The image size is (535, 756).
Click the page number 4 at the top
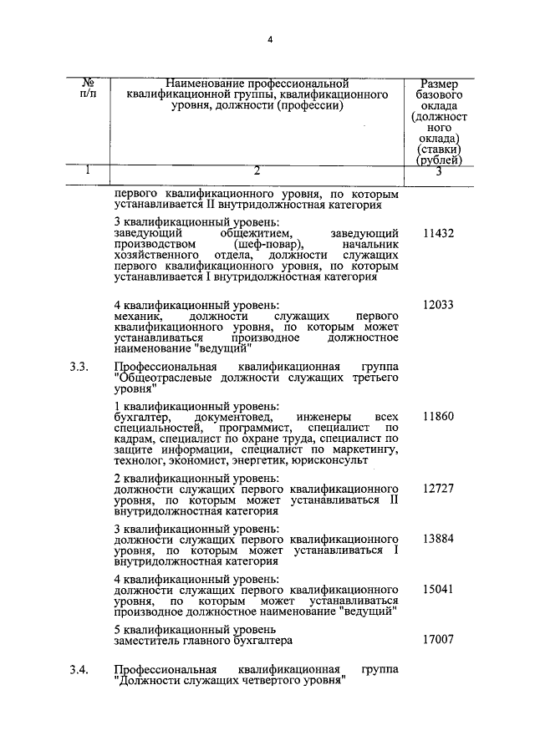pos(270,40)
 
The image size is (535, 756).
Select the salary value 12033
pos(438,306)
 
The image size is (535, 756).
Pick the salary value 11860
pos(438,416)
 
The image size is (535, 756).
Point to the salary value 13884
pos(438,540)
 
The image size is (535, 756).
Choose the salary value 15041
pos(438,590)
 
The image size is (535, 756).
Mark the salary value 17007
pos(438,640)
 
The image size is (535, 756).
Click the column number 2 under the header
pos(257,171)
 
